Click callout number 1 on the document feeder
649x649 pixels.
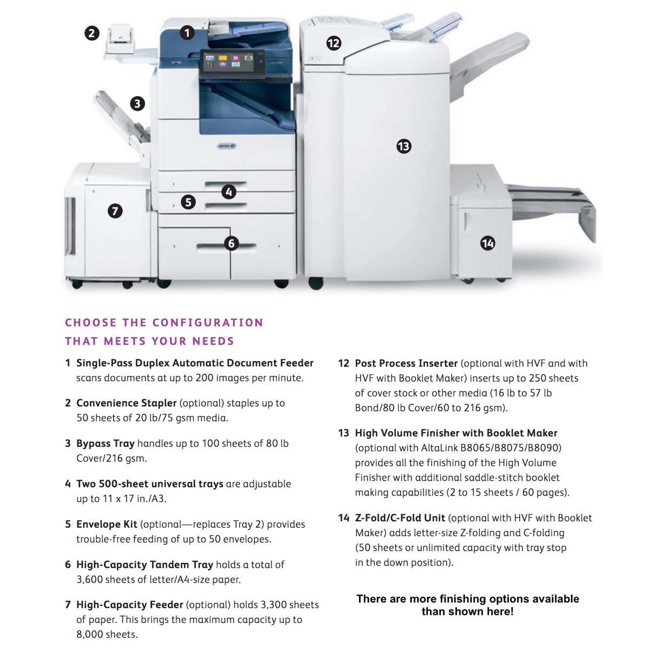(x=187, y=33)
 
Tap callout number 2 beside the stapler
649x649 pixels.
(x=92, y=33)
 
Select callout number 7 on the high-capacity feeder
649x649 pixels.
(x=115, y=211)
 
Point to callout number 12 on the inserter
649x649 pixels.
(x=334, y=43)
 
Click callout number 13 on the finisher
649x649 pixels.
(x=403, y=146)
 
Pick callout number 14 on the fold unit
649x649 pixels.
(x=488, y=243)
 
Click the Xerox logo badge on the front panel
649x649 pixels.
(x=226, y=146)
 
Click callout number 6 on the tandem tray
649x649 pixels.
(x=231, y=243)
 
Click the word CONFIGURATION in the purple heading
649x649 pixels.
(x=208, y=323)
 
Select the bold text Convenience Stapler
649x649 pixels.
(x=126, y=403)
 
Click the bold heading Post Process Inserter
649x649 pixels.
(x=406, y=363)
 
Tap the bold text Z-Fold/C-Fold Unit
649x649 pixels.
(x=400, y=518)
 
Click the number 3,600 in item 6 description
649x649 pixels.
(x=90, y=579)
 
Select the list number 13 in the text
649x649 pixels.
(x=343, y=433)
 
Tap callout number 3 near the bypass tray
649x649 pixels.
(x=137, y=103)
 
